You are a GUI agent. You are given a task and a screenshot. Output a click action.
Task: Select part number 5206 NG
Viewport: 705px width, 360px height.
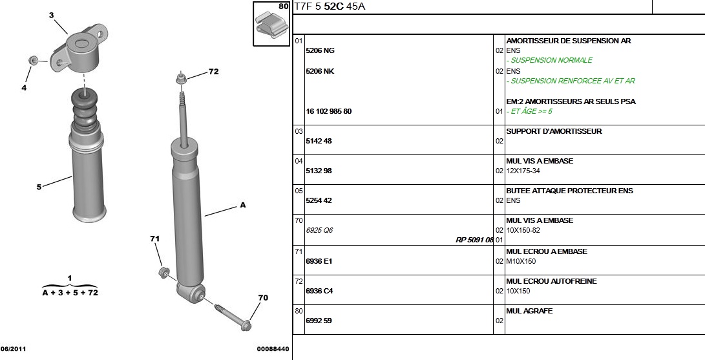[320, 51]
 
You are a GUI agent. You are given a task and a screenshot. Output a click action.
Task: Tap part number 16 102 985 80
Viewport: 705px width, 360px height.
[329, 111]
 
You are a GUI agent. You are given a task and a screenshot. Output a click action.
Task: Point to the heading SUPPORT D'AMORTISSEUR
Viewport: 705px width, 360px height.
[554, 131]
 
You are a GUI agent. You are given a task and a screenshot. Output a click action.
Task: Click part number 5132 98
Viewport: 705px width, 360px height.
[319, 171]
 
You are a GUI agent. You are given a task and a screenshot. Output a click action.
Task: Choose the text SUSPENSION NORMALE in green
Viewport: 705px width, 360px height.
[552, 60]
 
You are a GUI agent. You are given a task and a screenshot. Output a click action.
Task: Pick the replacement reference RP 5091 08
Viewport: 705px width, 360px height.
[475, 240]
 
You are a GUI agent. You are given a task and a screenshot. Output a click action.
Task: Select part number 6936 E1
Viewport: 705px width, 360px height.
[319, 261]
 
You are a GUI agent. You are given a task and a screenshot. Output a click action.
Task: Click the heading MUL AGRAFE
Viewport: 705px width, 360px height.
[529, 311]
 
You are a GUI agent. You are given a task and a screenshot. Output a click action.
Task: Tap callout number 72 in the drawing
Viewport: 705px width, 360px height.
[214, 72]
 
